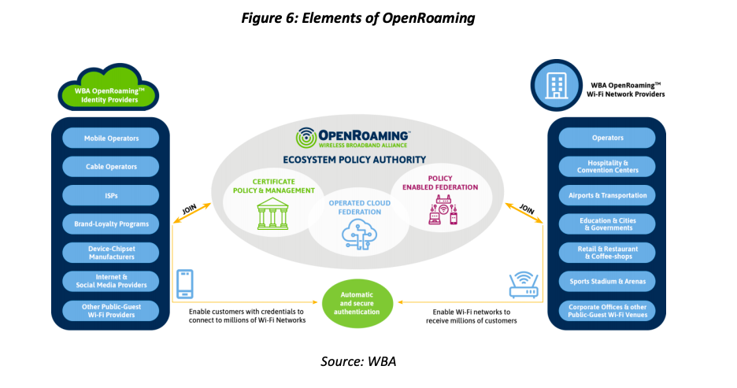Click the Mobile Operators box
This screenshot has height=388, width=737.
coord(111,139)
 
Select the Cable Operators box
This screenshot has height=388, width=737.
coord(111,167)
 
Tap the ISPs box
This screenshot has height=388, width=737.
coord(111,195)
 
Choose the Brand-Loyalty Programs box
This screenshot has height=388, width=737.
coord(111,224)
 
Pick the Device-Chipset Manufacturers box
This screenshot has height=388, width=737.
coord(111,252)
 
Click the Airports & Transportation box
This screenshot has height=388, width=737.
coord(607,195)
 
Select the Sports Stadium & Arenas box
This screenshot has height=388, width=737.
coord(607,280)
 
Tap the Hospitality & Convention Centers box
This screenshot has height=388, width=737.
coord(607,166)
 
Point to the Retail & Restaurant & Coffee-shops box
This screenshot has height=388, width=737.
coord(607,252)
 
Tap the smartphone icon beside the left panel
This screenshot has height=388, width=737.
coord(183,285)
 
